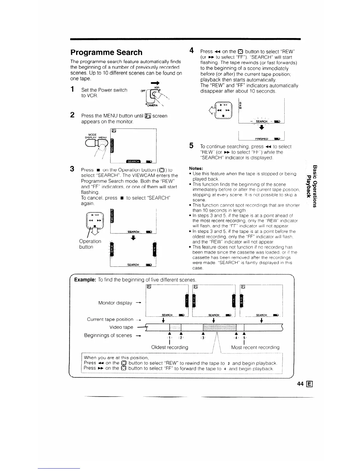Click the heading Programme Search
click(x=106, y=53)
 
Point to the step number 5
click(x=192, y=146)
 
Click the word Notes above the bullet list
click(x=196, y=168)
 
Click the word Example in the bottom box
click(x=84, y=280)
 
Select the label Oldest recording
click(x=170, y=347)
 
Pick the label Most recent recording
click(x=255, y=347)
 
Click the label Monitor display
click(x=115, y=303)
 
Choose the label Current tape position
click(x=110, y=319)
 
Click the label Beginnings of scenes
click(x=108, y=335)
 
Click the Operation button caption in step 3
click(x=90, y=244)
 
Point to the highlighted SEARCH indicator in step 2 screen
click(x=133, y=161)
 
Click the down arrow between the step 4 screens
click(x=261, y=128)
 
